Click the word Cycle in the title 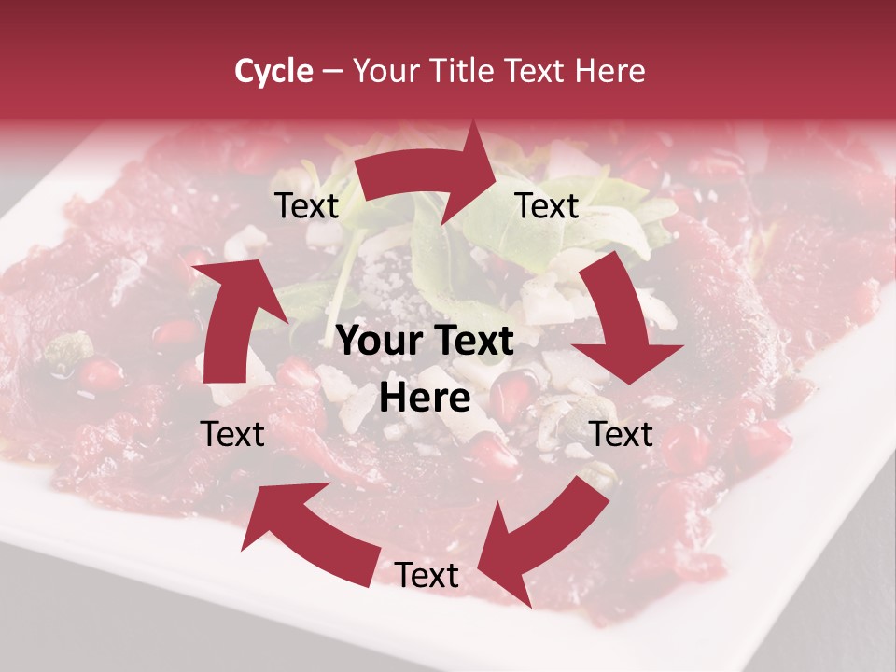pos(273,71)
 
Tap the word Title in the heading pos(463,71)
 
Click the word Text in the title pos(536,71)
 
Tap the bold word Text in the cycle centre pos(474,342)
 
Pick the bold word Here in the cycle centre pos(425,399)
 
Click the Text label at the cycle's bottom pos(427,576)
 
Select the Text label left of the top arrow pos(306,206)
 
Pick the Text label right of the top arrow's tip pos(547,206)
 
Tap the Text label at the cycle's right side pos(622,434)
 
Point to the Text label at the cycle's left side pos(232,434)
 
